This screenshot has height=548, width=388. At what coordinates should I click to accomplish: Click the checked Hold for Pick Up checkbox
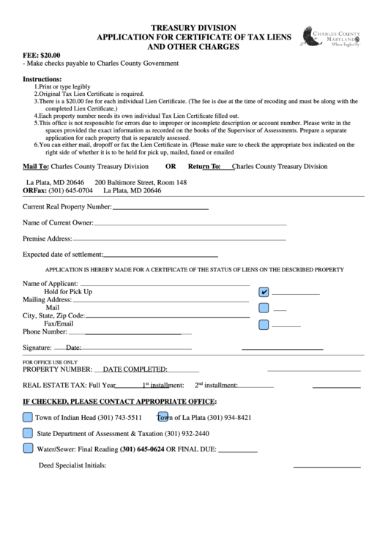pyautogui.click(x=264, y=292)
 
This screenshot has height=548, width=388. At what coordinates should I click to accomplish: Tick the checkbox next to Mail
pyautogui.click(x=264, y=308)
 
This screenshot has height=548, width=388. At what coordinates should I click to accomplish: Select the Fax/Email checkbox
pyautogui.click(x=264, y=323)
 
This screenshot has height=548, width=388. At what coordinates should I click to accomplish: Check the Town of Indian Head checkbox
pyautogui.click(x=27, y=418)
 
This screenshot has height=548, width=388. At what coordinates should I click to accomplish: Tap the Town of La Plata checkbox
pyautogui.click(x=163, y=418)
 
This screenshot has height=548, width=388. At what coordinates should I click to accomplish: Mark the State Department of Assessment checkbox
pyautogui.click(x=27, y=433)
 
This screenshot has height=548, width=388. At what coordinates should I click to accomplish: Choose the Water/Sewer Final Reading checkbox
pyautogui.click(x=27, y=448)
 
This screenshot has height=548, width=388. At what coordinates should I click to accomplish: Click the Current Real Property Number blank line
pyautogui.click(x=160, y=208)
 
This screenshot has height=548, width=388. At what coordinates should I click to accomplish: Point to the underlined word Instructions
pyautogui.click(x=42, y=78)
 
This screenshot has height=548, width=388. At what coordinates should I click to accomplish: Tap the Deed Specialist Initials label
pyautogui.click(x=72, y=465)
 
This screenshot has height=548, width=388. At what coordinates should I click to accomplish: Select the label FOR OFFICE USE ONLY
pyautogui.click(x=50, y=362)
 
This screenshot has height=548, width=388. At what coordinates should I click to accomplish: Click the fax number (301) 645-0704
pyautogui.click(x=70, y=190)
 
